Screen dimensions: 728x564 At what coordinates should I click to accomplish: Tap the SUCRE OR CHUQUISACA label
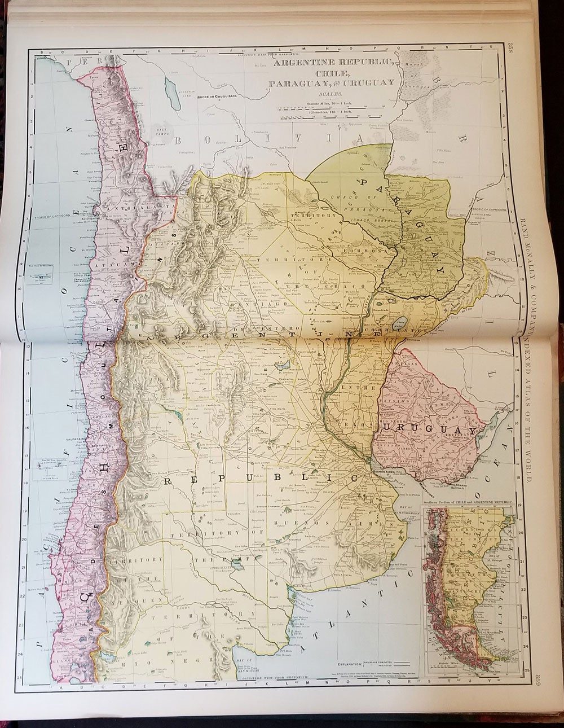click(220, 97)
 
